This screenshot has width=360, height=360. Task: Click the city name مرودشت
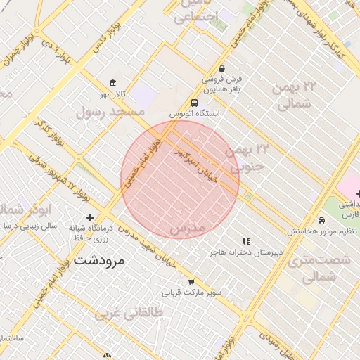(x=98, y=260)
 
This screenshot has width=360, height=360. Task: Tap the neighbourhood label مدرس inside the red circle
(x=186, y=229)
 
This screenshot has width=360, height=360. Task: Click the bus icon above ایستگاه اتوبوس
(x=194, y=103)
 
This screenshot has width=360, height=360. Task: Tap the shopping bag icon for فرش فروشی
(x=222, y=69)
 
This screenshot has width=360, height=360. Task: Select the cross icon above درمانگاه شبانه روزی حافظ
(x=89, y=217)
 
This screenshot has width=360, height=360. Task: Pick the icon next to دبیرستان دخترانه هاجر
(x=246, y=240)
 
